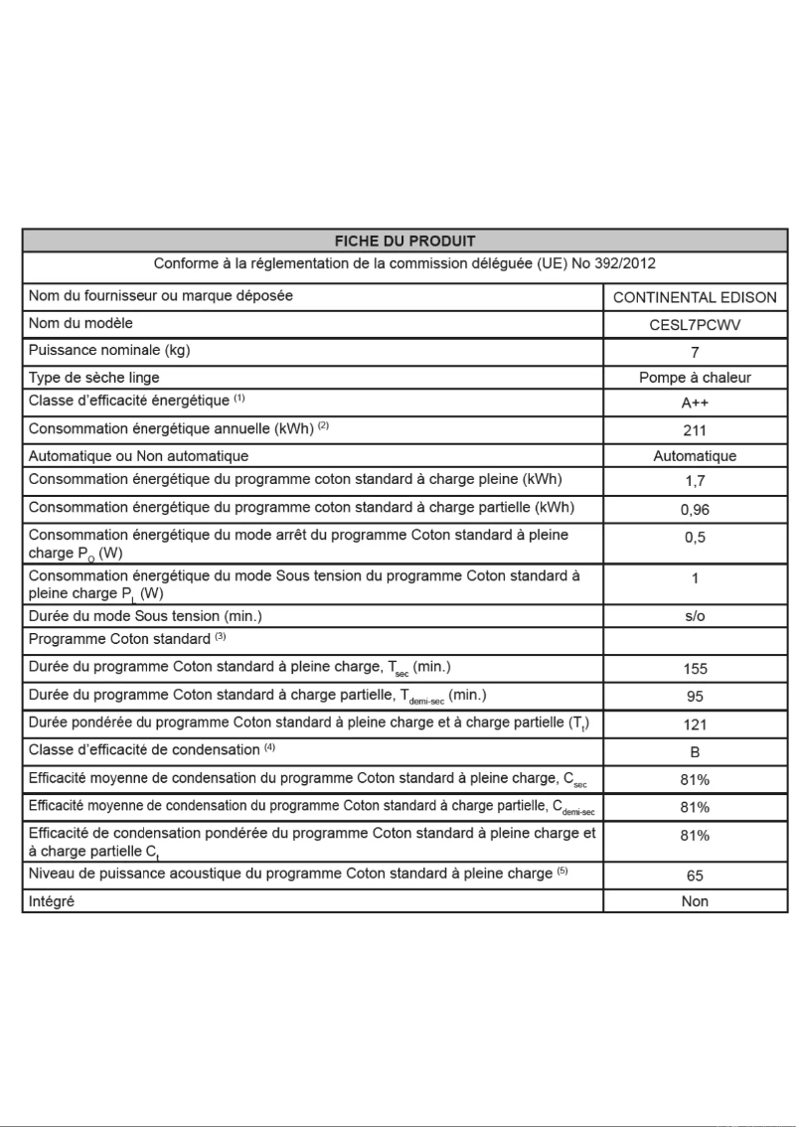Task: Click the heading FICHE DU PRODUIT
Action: pyautogui.click(x=404, y=241)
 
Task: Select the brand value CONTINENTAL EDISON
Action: pyautogui.click(x=695, y=297)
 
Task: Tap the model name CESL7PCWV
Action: pyautogui.click(x=695, y=324)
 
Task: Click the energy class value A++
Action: pyautogui.click(x=695, y=403)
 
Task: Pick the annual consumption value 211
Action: pyautogui.click(x=695, y=430)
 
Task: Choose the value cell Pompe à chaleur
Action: pyautogui.click(x=695, y=378)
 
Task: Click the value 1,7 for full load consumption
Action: pyautogui.click(x=695, y=481)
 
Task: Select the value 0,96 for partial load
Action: pyautogui.click(x=695, y=509)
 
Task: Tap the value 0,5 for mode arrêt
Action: pyautogui.click(x=695, y=537)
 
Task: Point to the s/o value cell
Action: pyautogui.click(x=695, y=616)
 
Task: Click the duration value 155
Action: pyautogui.click(x=695, y=669)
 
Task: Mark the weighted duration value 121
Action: pyautogui.click(x=695, y=725)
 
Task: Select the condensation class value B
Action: pyautogui.click(x=695, y=752)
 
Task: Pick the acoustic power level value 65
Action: pyautogui.click(x=695, y=876)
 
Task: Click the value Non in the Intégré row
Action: pyautogui.click(x=695, y=901)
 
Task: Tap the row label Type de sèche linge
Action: pyautogui.click(x=94, y=378)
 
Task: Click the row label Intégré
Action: pyautogui.click(x=52, y=901)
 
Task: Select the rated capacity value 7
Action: pyautogui.click(x=695, y=352)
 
